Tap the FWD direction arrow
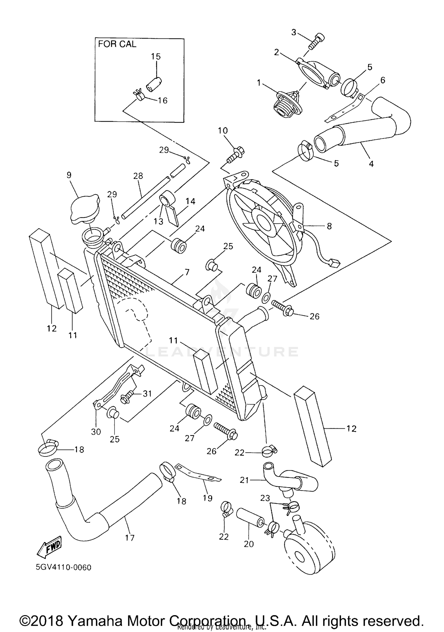49,546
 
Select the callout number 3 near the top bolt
294,32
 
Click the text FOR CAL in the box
117,44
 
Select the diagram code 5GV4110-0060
63,567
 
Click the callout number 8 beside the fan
329,226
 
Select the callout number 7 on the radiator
187,272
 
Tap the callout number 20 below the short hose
249,544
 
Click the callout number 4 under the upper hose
371,163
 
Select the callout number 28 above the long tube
138,176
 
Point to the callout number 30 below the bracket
96,432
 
